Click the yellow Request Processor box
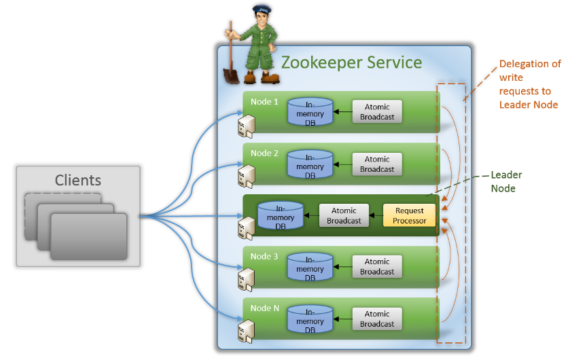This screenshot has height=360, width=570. point(409,215)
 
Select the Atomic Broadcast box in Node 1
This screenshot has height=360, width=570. point(377,112)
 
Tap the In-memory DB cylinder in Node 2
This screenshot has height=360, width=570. point(310,164)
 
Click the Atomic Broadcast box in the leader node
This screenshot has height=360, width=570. point(344,215)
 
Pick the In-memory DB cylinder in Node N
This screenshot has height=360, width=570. point(310,318)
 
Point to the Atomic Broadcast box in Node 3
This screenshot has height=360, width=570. point(377,266)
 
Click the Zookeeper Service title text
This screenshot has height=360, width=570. point(351,62)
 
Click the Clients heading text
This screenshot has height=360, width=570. point(78,180)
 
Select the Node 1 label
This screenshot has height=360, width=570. point(264,102)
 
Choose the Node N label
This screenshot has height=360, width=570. point(265,308)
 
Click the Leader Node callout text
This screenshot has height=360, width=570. point(506,181)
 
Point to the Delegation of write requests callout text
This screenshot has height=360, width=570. point(530,84)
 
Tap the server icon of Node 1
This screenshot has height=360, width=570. point(246,124)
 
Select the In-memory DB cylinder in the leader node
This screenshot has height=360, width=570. point(281,216)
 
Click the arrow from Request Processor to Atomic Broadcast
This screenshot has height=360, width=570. point(376,216)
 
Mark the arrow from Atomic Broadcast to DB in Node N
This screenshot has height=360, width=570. point(342,319)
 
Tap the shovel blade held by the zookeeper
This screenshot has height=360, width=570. point(231,74)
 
